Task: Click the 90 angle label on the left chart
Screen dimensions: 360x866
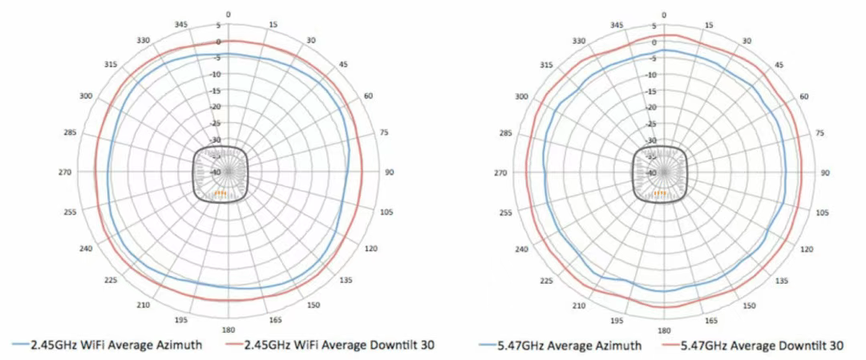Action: coord(390,172)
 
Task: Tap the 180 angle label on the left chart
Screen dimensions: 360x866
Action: coord(228,330)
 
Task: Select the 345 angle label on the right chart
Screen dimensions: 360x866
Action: coord(617,26)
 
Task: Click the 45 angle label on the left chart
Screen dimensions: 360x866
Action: coord(343,64)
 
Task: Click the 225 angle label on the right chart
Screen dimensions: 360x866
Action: coord(547,281)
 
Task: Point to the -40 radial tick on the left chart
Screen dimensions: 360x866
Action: coord(216,172)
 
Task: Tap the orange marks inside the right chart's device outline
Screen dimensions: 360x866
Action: coord(659,193)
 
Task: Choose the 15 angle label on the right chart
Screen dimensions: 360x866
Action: coord(708,26)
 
